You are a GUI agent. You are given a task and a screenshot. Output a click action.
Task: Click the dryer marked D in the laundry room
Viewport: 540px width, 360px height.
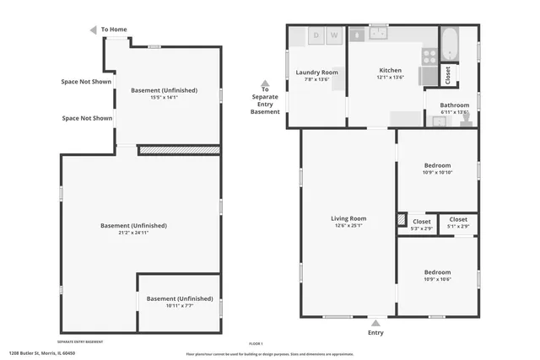316,35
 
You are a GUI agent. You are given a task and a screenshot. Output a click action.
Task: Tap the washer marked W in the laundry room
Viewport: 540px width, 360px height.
334,35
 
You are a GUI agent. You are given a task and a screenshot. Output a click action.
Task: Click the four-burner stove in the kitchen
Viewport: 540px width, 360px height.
429,56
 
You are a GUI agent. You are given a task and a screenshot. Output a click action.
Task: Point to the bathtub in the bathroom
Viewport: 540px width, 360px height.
449,44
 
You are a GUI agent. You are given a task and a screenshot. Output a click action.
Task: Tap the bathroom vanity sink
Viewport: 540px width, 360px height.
438,121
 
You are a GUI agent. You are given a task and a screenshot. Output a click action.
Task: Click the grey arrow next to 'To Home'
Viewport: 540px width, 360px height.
94,30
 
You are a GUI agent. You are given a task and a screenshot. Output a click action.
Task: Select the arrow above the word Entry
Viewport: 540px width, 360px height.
375,322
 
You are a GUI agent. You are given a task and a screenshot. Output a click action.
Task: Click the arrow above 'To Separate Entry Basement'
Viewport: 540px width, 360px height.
265,84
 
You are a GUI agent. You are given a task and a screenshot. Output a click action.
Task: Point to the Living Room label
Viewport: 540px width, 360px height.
348,218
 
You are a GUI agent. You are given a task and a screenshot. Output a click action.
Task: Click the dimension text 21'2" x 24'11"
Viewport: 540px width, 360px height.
133,233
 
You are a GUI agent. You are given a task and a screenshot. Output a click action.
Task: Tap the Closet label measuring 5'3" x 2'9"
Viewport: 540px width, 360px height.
421,221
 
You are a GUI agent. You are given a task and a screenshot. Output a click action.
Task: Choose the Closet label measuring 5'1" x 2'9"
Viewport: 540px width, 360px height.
458,220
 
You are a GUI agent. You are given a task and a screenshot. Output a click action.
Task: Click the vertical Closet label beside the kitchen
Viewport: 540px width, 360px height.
448,75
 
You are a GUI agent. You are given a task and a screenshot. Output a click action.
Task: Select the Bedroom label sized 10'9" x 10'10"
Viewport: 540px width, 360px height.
437,165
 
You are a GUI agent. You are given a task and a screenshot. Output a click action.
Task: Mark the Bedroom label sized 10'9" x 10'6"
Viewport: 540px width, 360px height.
437,272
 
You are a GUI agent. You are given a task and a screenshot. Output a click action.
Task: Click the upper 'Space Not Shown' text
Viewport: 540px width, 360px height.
87,82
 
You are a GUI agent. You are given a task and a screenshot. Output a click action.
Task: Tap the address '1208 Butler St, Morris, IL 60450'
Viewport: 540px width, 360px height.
42,353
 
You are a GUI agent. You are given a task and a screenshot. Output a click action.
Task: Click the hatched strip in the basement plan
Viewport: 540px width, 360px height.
179,150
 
